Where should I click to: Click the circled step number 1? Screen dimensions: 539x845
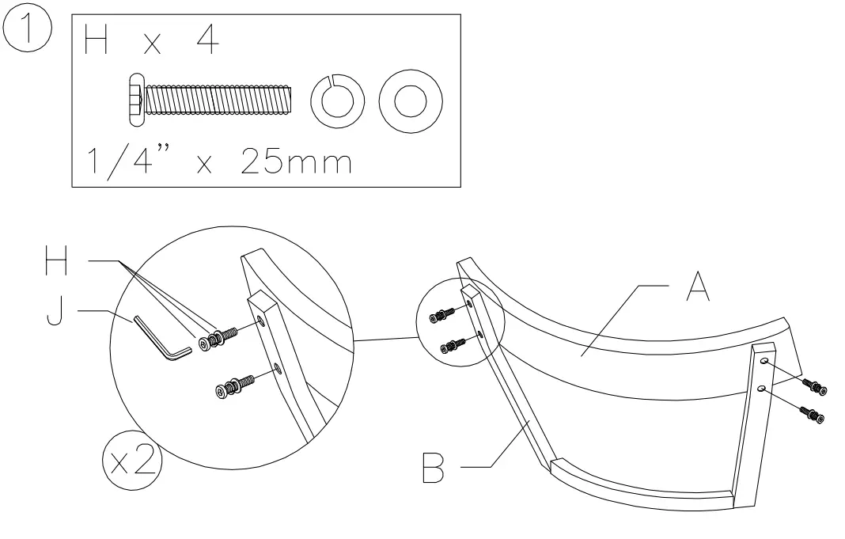click(28, 29)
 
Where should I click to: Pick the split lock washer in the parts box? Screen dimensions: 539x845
click(332, 101)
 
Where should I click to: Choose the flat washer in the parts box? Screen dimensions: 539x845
click(410, 101)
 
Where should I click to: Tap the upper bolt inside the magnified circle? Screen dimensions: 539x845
click(219, 336)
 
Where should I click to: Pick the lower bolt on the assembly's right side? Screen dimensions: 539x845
click(812, 413)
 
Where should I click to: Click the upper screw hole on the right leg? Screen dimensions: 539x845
click(764, 361)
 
